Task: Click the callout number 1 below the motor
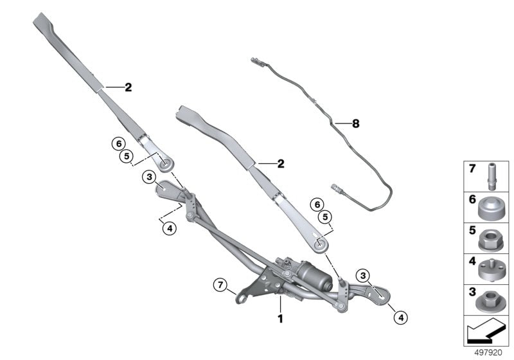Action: coord(279,318)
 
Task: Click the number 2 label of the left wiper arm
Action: coord(128,87)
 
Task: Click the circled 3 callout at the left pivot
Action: coord(148,177)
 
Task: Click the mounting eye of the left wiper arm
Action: coord(165,163)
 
